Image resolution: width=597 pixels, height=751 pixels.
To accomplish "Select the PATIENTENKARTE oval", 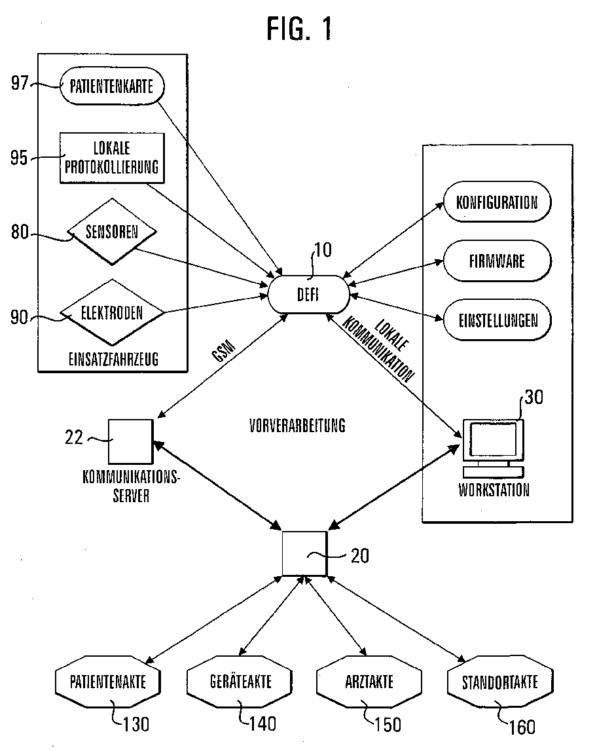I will pyautogui.click(x=112, y=87).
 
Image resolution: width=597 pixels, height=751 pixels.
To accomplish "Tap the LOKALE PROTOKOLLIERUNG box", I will pyautogui.click(x=112, y=157).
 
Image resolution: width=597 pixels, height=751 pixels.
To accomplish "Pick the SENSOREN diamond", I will pyautogui.click(x=112, y=232).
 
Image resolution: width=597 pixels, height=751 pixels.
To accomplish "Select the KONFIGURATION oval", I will pyautogui.click(x=497, y=202).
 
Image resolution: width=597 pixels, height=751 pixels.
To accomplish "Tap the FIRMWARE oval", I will pyautogui.click(x=497, y=261).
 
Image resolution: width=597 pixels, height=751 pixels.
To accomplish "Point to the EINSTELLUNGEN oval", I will pyautogui.click(x=497, y=320).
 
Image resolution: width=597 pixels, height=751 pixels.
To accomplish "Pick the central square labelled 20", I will pyautogui.click(x=304, y=553).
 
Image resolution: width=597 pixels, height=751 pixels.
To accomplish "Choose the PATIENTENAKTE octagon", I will pyautogui.click(x=109, y=682).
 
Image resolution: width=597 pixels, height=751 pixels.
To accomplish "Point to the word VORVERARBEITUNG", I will pyautogui.click(x=297, y=426).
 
